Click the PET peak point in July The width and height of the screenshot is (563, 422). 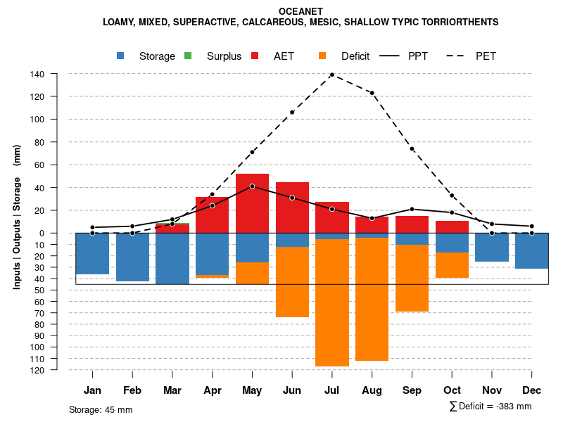click(x=331, y=75)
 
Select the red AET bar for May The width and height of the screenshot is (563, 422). click(x=252, y=204)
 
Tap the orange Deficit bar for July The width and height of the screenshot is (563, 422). click(x=331, y=302)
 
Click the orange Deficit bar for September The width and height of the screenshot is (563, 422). click(x=412, y=278)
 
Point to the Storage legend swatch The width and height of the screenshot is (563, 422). click(x=122, y=56)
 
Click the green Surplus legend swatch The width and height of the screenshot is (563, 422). click(x=188, y=56)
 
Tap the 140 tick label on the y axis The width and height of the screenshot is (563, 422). click(x=37, y=74)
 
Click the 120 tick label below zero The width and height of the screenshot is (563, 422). click(x=37, y=369)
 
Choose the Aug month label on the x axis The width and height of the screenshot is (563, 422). click(x=372, y=390)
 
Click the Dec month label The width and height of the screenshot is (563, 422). click(x=531, y=390)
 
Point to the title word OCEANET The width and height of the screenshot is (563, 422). click(x=301, y=11)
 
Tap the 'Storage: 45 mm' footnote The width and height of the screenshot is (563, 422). click(x=101, y=409)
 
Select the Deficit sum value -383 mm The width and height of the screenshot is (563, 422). click(x=511, y=406)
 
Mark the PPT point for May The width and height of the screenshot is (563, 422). click(x=252, y=186)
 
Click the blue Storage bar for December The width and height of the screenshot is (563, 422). click(x=531, y=250)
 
